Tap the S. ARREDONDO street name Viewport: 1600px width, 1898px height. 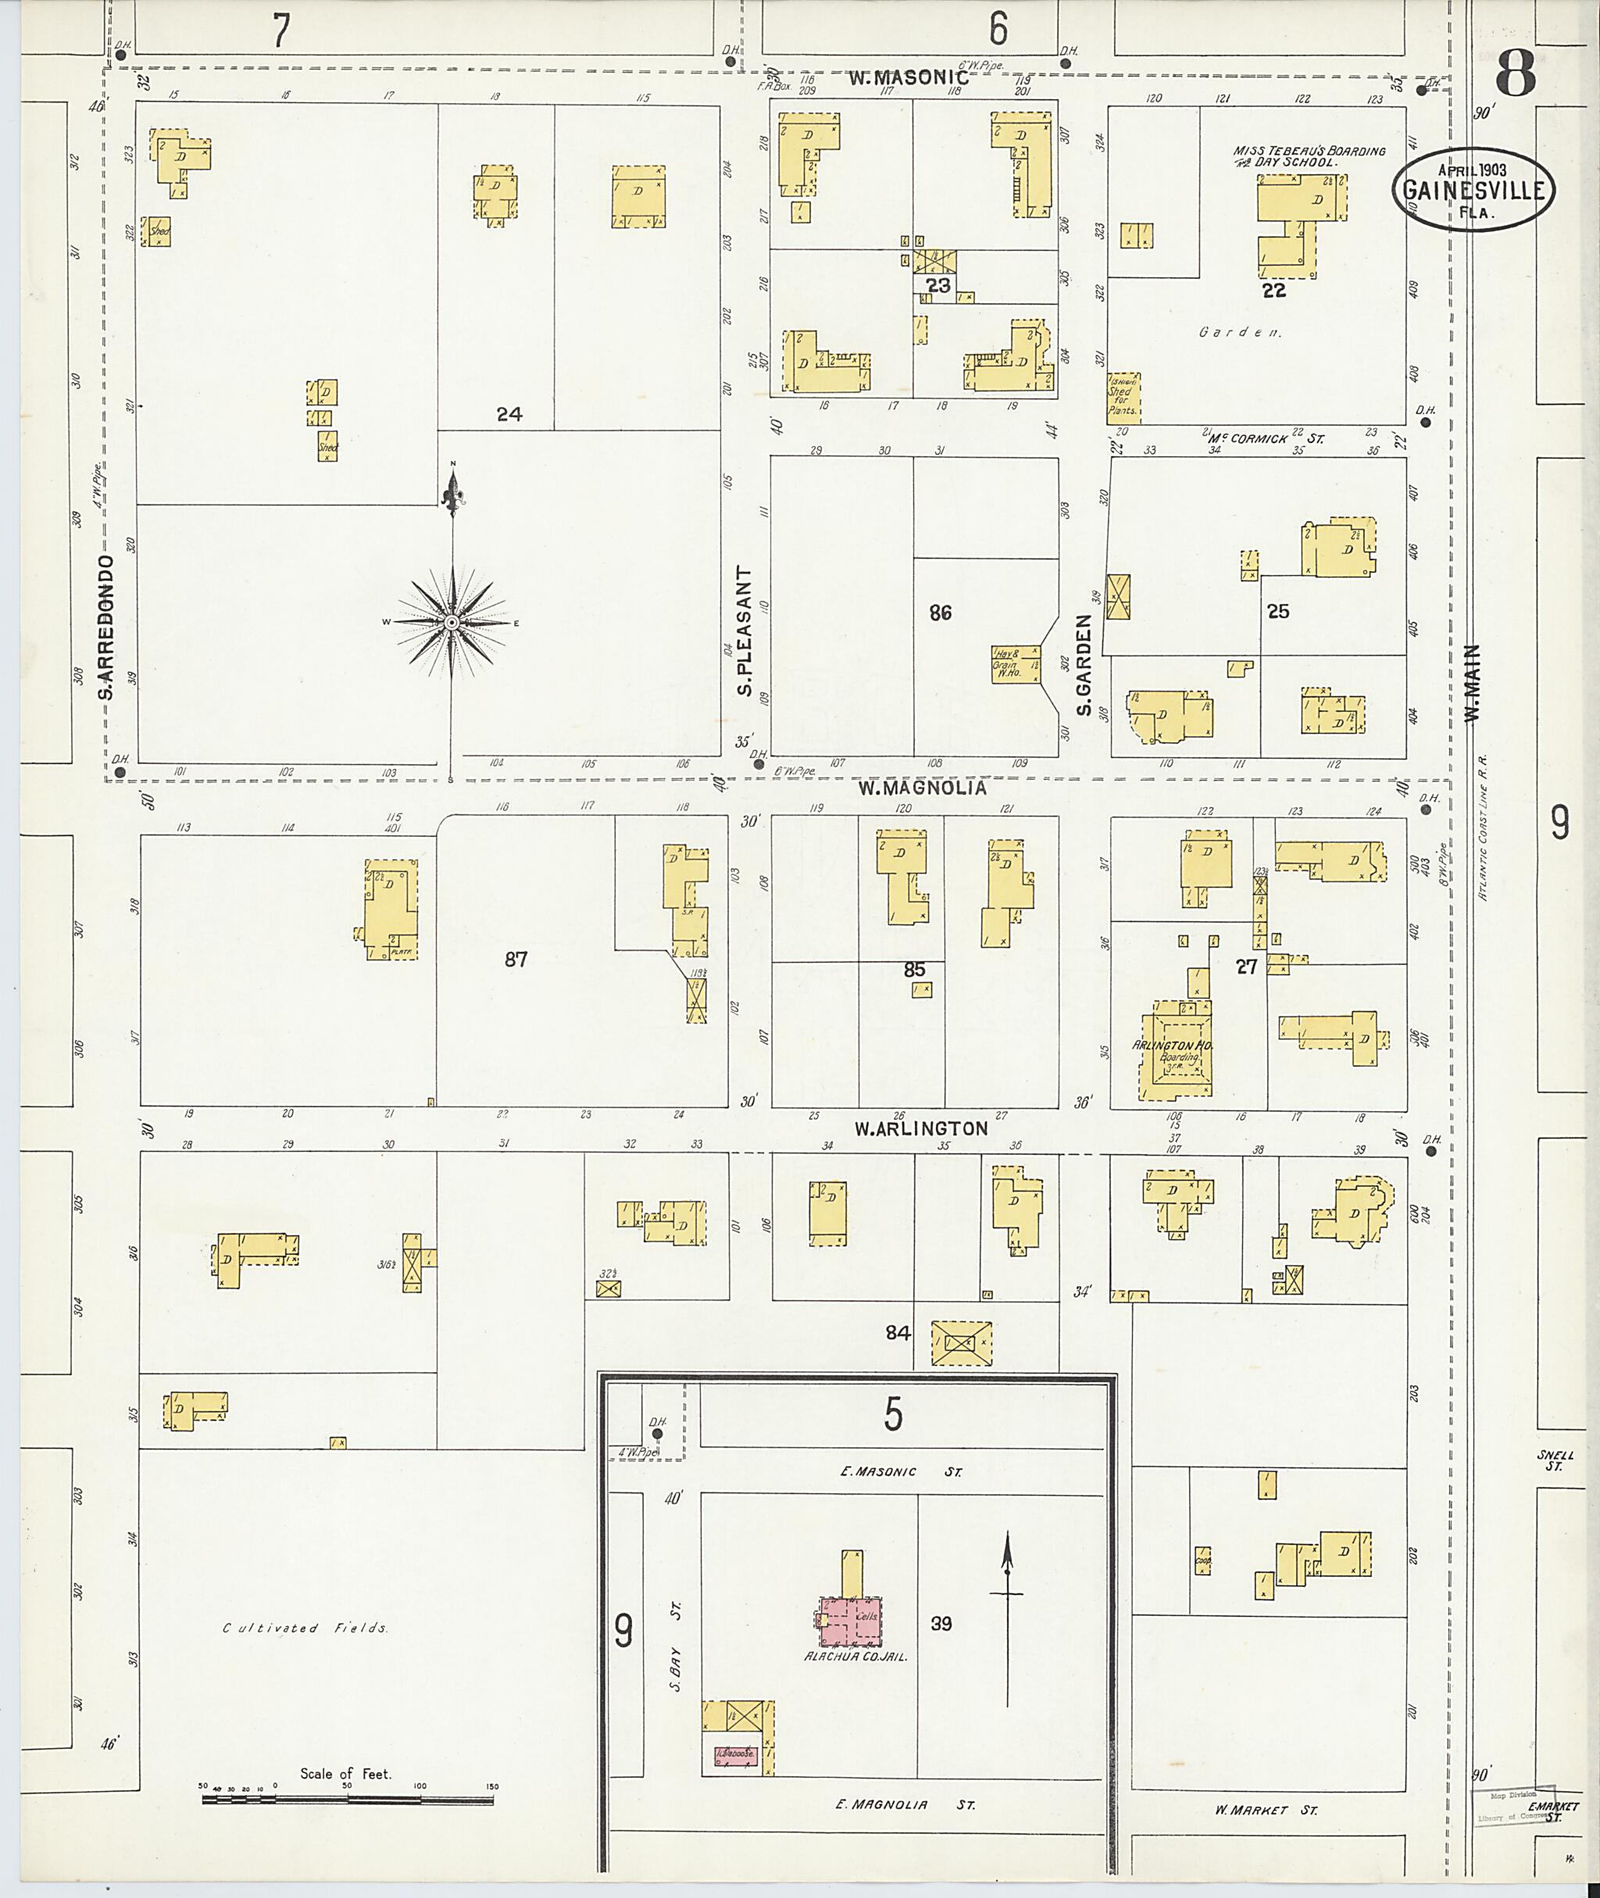click(x=107, y=627)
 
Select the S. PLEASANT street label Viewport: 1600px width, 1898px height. click(x=745, y=631)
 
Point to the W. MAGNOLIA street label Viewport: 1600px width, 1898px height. click(x=923, y=788)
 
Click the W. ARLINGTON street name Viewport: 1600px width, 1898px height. click(x=920, y=1128)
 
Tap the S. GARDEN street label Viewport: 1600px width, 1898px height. click(x=1084, y=664)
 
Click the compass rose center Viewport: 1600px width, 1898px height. click(x=451, y=623)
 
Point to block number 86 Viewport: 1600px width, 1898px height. click(x=940, y=613)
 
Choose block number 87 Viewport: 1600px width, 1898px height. click(x=515, y=959)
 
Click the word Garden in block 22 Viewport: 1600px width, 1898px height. click(x=1240, y=332)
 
